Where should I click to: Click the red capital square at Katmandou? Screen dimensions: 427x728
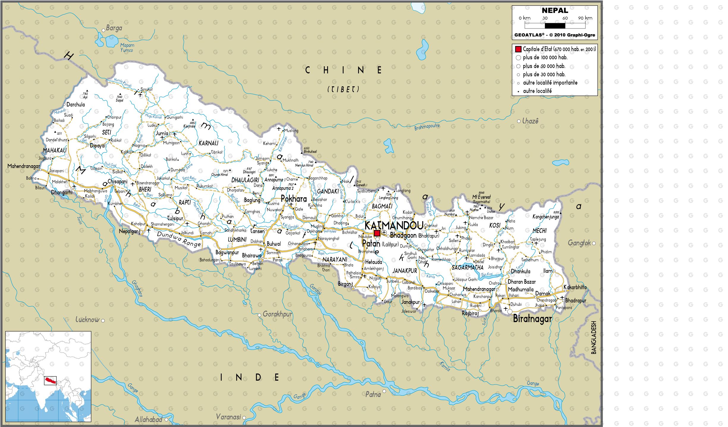pyautogui.click(x=377, y=233)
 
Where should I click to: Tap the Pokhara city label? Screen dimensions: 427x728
pyautogui.click(x=294, y=199)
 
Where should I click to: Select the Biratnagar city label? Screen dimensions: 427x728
pyautogui.click(x=532, y=319)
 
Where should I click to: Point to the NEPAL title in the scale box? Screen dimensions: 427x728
pyautogui.click(x=555, y=10)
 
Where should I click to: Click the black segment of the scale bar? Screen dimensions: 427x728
pyautogui.click(x=555, y=26)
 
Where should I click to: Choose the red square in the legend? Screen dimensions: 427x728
pyautogui.click(x=518, y=49)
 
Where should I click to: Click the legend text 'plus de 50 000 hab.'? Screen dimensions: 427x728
pyautogui.click(x=544, y=66)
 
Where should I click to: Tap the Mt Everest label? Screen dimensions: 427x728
pyautogui.click(x=481, y=197)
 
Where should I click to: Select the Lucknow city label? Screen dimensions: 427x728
pyautogui.click(x=87, y=320)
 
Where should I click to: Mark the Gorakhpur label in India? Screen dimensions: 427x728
pyautogui.click(x=277, y=314)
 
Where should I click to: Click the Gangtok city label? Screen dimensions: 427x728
pyautogui.click(x=579, y=243)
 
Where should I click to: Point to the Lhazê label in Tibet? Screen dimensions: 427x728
pyautogui.click(x=530, y=121)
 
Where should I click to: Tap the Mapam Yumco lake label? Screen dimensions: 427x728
pyautogui.click(x=127, y=48)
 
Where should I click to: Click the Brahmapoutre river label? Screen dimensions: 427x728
pyautogui.click(x=427, y=127)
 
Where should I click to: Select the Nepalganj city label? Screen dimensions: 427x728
pyautogui.click(x=129, y=231)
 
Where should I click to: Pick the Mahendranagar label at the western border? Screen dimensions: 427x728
pyautogui.click(x=23, y=166)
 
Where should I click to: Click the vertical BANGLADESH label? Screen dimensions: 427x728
pyautogui.click(x=593, y=337)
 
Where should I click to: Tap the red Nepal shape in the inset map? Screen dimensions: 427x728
pyautogui.click(x=50, y=380)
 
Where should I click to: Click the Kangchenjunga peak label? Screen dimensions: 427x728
pyautogui.click(x=546, y=217)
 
